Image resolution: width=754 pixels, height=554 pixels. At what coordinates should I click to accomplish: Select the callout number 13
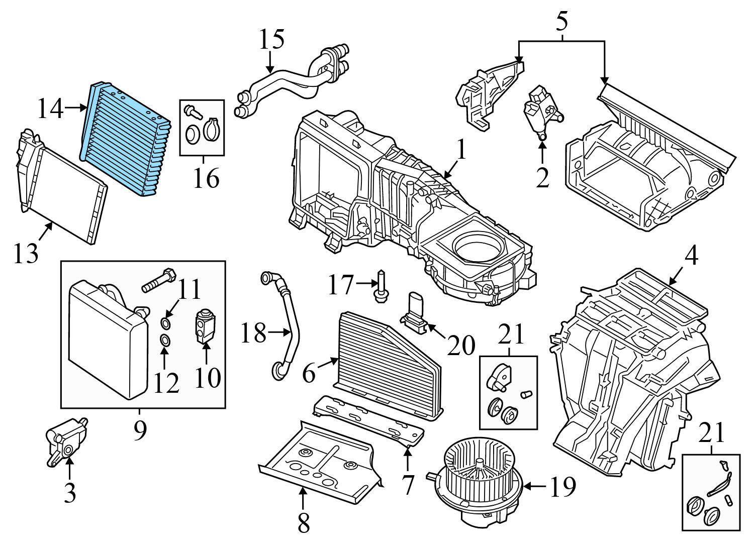(26, 254)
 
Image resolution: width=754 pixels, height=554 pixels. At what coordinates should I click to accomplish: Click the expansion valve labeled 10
(204, 327)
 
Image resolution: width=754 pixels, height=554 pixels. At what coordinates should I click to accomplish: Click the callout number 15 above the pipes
(271, 40)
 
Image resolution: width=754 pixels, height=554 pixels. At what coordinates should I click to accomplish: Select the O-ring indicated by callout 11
(166, 322)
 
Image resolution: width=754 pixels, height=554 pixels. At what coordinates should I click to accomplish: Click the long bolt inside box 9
(159, 281)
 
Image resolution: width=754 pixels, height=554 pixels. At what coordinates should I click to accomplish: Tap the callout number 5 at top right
(561, 21)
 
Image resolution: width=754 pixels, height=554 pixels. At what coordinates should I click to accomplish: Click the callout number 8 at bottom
(303, 522)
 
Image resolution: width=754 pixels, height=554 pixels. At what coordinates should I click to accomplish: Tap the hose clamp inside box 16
(212, 129)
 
